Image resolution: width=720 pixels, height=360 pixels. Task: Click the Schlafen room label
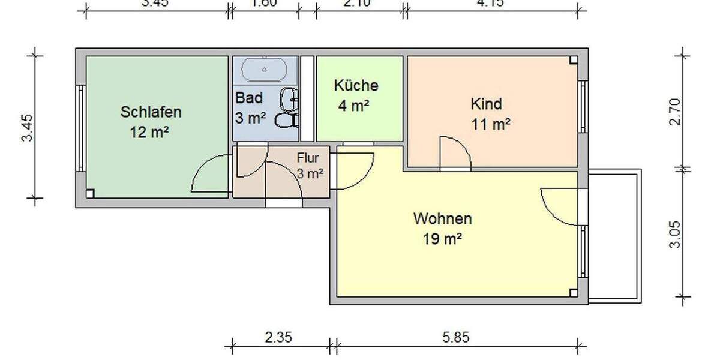(x=151, y=112)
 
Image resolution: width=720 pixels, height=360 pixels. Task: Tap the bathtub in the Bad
(x=265, y=70)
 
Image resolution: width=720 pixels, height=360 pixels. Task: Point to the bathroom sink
(x=289, y=98)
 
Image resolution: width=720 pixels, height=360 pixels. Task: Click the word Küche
(x=356, y=85)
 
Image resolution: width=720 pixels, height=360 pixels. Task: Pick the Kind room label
(x=486, y=104)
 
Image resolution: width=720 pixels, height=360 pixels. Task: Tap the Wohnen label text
(x=442, y=218)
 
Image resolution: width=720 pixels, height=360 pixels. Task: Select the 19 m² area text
(x=442, y=239)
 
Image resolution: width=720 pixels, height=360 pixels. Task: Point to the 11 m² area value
(x=491, y=125)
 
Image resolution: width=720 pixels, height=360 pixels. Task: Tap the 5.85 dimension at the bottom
(x=455, y=338)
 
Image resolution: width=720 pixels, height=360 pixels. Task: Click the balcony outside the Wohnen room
(x=615, y=234)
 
